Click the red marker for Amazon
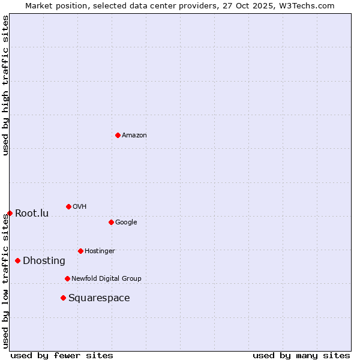tap(118, 135)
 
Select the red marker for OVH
tap(68, 206)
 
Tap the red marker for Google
tap(111, 222)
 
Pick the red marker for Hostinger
tap(80, 251)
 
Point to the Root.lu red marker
tap(10, 213)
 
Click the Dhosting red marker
tap(17, 260)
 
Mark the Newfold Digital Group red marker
tap(67, 278)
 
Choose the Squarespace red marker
tap(63, 298)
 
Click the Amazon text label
tap(134, 136)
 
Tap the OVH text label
tap(80, 207)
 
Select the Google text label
tap(126, 223)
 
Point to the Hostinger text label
tap(100, 251)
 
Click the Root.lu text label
tap(32, 214)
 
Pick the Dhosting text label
tap(44, 261)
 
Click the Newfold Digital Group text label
tap(106, 279)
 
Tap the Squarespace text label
tap(99, 298)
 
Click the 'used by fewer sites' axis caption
tap(62, 355)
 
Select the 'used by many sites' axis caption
tap(301, 355)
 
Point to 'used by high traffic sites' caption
tap(5, 85)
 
